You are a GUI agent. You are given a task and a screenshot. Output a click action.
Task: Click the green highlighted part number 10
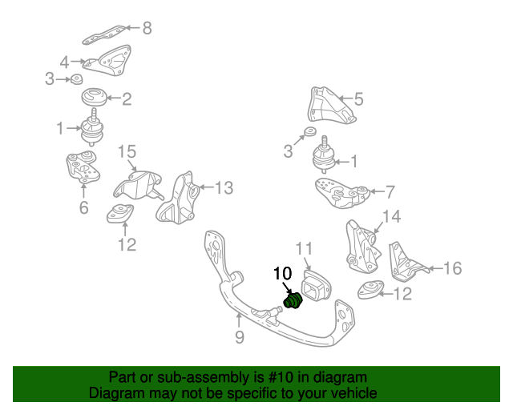click(293, 301)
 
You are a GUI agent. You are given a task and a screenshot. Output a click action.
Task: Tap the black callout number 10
click(284, 274)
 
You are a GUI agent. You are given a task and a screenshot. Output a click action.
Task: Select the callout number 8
click(147, 29)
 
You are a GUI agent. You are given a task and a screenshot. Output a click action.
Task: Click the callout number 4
click(65, 60)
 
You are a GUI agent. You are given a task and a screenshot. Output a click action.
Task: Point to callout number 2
click(127, 100)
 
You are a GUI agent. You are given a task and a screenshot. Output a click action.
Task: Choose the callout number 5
click(358, 100)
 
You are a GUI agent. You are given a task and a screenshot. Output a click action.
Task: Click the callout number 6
click(83, 209)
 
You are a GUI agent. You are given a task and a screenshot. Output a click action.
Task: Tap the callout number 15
click(127, 151)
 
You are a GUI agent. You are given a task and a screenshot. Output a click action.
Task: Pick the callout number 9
click(239, 338)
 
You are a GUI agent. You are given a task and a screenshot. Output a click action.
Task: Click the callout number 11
click(307, 249)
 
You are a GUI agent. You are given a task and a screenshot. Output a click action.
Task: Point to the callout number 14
click(390, 216)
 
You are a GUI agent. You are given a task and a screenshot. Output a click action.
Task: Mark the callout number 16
click(452, 268)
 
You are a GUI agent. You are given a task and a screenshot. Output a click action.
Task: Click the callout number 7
click(390, 192)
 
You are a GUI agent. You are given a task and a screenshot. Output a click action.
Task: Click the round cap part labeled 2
click(95, 99)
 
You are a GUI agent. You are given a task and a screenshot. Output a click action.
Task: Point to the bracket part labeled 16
click(405, 261)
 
